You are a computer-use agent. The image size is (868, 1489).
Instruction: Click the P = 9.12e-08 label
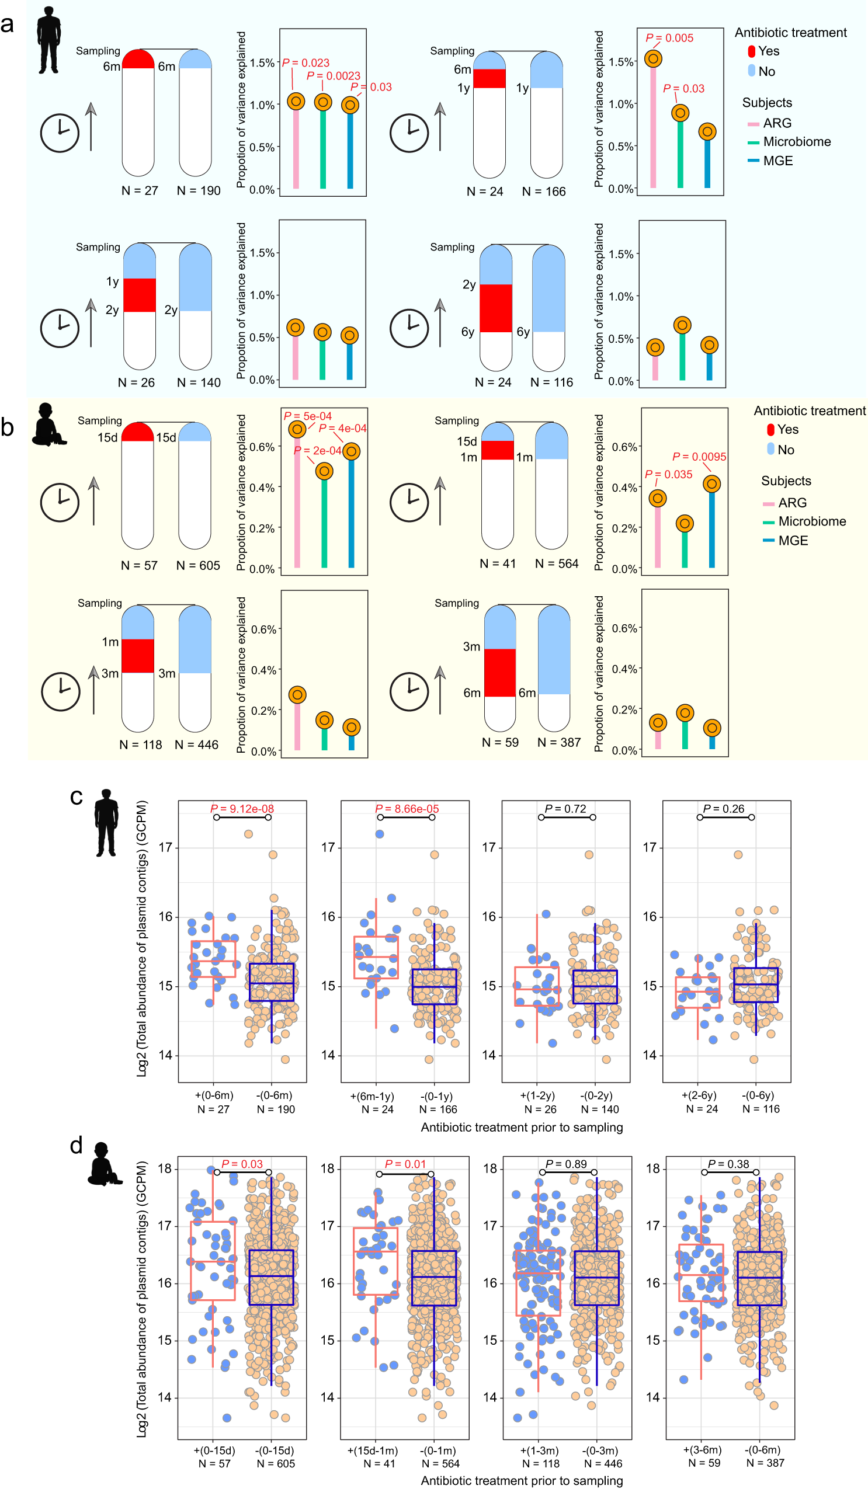[x=242, y=808]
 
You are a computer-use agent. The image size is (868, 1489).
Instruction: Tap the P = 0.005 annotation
[x=669, y=38]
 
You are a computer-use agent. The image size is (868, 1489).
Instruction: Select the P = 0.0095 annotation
[x=699, y=457]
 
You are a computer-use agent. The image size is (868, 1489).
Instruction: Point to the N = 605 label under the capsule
[x=198, y=565]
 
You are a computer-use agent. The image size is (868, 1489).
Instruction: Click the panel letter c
[x=76, y=797]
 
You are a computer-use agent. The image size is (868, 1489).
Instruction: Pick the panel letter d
[x=76, y=1145]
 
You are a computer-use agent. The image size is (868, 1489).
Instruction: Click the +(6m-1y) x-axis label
[x=372, y=1096]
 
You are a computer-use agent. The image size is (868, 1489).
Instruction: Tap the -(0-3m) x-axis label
[x=600, y=1450]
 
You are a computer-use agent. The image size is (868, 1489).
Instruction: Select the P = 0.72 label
[x=565, y=808]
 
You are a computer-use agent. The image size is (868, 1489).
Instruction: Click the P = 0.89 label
[x=566, y=1164]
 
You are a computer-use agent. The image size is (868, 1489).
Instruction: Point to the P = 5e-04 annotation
[x=308, y=416]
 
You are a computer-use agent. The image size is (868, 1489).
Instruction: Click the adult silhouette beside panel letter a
[x=48, y=40]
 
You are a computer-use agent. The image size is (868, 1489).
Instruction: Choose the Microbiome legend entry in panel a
[x=796, y=142]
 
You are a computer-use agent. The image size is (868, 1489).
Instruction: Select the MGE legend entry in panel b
[x=793, y=541]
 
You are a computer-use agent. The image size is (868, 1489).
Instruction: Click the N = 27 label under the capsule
[x=140, y=190]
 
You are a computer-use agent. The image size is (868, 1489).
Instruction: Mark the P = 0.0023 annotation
[x=334, y=76]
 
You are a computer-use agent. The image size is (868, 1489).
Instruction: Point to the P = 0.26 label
[x=724, y=808]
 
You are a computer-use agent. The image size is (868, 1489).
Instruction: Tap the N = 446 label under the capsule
[x=196, y=744]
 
